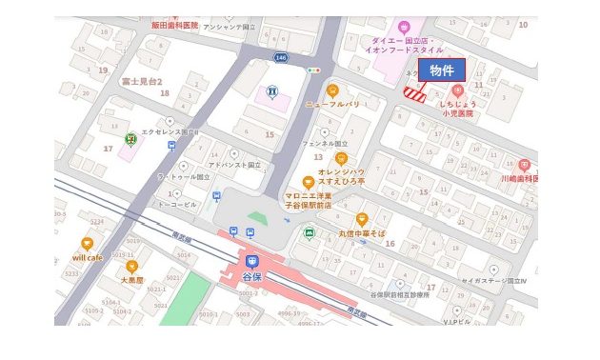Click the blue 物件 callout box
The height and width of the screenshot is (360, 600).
(441, 71)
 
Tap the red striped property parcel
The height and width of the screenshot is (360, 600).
(414, 92)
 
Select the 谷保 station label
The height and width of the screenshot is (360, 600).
(252, 276)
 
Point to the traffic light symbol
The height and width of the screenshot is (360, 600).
(314, 70)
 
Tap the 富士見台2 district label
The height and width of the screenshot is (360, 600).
(142, 82)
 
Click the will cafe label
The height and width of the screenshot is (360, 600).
(88, 257)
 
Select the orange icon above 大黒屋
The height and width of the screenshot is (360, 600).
(131, 267)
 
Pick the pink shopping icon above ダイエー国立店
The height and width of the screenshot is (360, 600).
(404, 26)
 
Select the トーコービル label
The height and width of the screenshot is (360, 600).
(177, 203)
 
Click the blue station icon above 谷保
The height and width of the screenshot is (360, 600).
(252, 261)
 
